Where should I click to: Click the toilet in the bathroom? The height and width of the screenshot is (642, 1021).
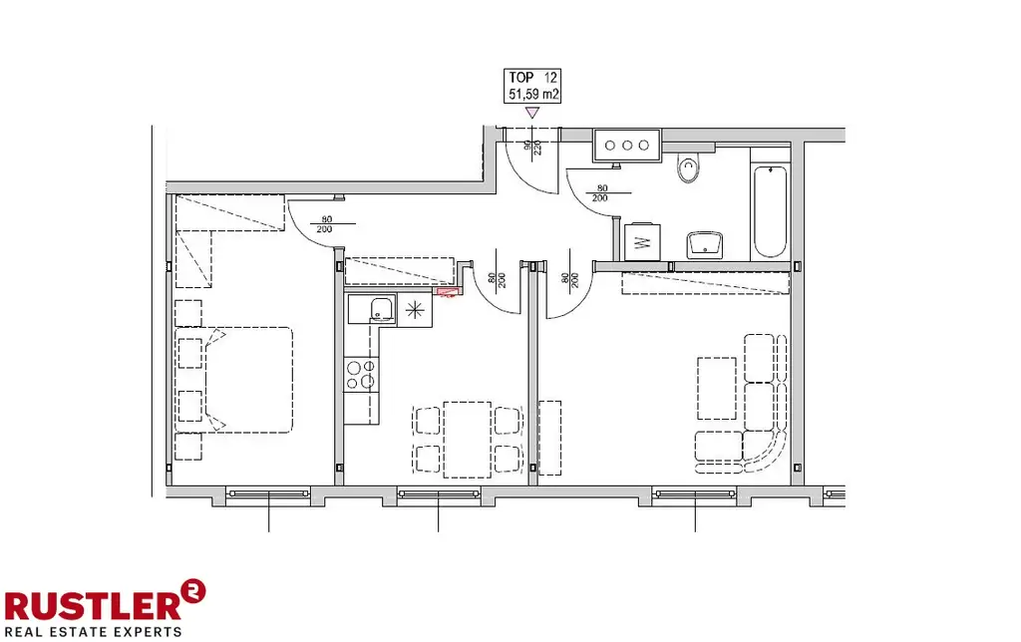[x=689, y=169]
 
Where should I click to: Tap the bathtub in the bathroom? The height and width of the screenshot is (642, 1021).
[x=770, y=210]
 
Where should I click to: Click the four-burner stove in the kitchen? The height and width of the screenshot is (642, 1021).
[x=360, y=374]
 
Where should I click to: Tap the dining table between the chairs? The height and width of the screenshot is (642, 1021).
[x=467, y=439]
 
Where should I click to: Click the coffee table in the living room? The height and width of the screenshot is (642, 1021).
[x=716, y=388]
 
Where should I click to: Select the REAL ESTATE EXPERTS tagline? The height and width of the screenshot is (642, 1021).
[x=93, y=631]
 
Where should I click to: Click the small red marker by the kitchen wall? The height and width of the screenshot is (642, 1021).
[x=448, y=293]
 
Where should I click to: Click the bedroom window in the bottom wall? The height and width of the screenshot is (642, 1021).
[x=268, y=492]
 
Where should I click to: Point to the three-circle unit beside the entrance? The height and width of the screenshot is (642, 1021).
[x=626, y=146]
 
